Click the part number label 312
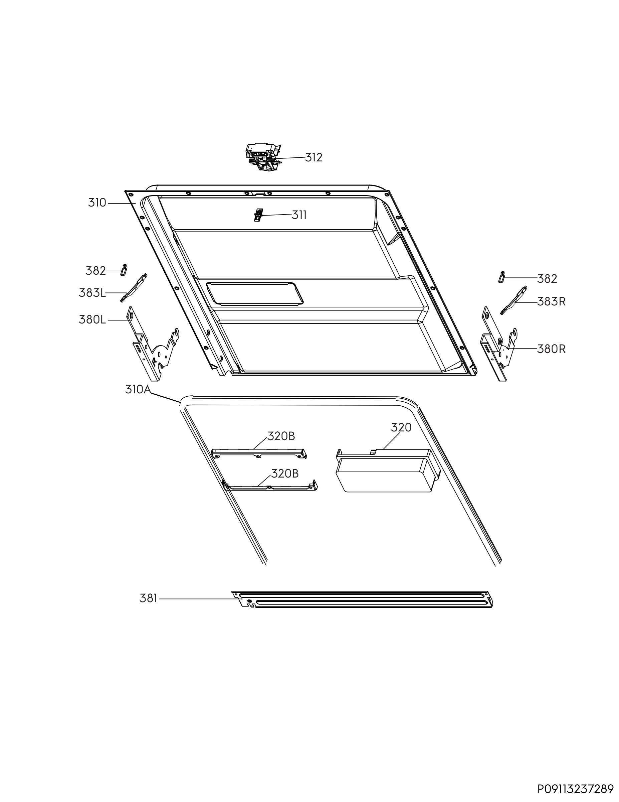pos(314,157)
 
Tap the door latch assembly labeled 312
pos(263,157)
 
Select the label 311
pos(299,215)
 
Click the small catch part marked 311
pos(259,215)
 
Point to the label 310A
pos(138,389)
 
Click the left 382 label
pos(96,271)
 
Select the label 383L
pos(92,293)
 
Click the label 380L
pos(92,320)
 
